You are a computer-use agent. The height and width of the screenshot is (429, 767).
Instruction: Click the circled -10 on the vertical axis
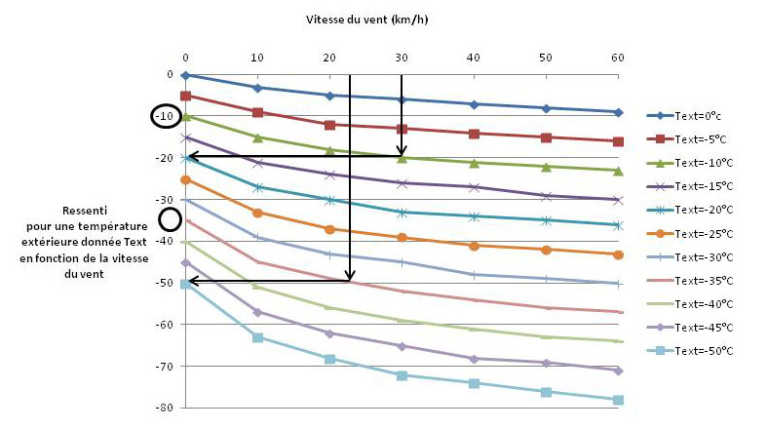[165, 116]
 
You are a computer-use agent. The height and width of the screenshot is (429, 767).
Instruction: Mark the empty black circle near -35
[171, 220]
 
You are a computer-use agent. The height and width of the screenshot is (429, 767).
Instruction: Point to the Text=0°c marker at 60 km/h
[617, 112]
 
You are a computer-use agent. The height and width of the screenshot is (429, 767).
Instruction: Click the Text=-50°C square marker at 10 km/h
[257, 337]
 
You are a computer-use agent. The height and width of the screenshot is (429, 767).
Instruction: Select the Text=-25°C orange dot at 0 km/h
[185, 179]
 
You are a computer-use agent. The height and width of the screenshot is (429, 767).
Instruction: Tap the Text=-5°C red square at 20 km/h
[329, 125]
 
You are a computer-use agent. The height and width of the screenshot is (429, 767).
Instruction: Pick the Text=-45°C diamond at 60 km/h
[617, 370]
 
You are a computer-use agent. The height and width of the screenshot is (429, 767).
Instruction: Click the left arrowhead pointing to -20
[190, 156]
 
